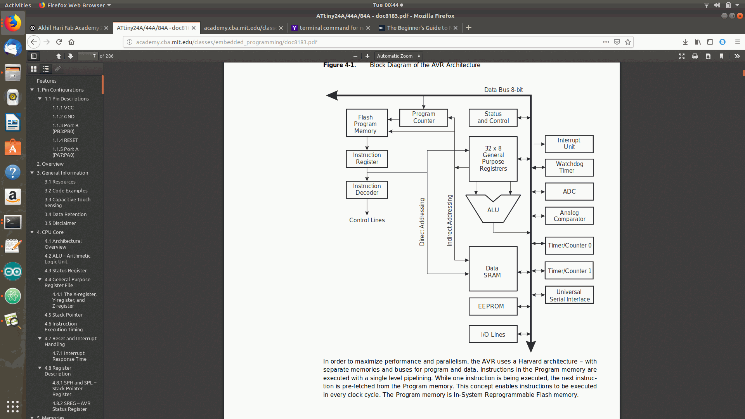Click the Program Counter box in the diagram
[x=423, y=118]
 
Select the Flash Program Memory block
[x=367, y=123]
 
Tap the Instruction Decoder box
[x=367, y=190]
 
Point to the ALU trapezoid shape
[x=493, y=210]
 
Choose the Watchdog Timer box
[x=569, y=168]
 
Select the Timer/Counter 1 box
[x=569, y=271]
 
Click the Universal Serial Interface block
[x=569, y=295]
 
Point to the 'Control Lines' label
[x=367, y=220]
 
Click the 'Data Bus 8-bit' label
[x=503, y=90]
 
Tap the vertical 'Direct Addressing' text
[x=422, y=222]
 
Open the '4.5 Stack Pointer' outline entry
[x=64, y=315]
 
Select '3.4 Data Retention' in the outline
[x=66, y=215]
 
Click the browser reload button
[x=59, y=42]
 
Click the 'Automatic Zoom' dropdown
[x=398, y=56]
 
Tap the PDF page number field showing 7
[x=88, y=56]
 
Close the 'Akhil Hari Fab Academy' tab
[x=106, y=28]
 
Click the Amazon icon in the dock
[x=13, y=197]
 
